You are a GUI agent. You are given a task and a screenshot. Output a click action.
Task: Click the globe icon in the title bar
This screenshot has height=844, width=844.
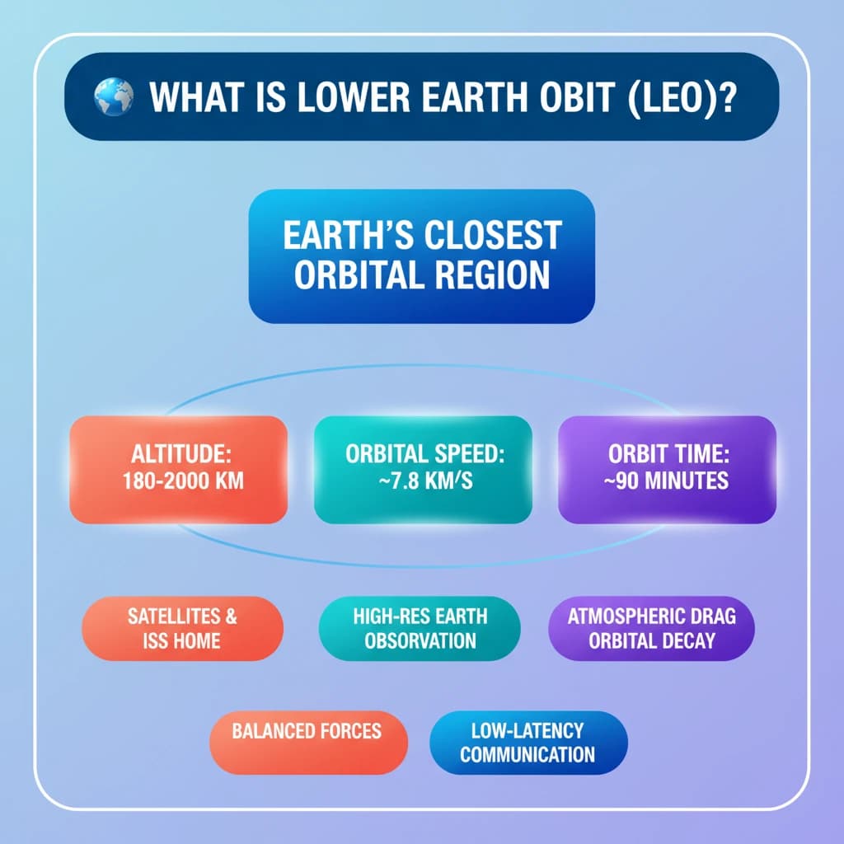coord(114,96)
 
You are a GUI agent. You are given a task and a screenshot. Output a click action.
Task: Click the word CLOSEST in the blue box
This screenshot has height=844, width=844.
coord(491,236)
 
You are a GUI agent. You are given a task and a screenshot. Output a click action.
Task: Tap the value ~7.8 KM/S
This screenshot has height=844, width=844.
coord(423,480)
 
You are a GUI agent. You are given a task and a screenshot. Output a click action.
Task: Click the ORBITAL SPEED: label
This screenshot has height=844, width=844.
coord(423,454)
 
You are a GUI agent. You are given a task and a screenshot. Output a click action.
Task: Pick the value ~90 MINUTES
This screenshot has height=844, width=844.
coord(668,480)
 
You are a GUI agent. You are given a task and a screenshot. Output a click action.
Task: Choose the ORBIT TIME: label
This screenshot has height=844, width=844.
coord(668,454)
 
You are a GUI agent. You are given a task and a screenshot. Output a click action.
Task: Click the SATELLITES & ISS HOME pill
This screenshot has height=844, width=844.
coord(182,629)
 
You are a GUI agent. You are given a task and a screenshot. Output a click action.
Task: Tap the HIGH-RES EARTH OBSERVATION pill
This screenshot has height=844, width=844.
coord(420,629)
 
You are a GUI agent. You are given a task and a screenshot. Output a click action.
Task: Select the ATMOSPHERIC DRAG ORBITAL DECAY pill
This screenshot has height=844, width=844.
coord(651,629)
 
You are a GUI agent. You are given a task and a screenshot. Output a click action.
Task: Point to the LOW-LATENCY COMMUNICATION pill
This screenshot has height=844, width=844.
coord(527,743)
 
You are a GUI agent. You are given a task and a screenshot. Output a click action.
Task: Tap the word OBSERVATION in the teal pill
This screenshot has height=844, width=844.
coord(420,641)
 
